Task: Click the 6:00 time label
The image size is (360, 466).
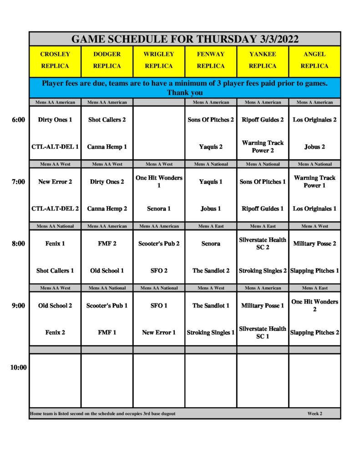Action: coord(18,120)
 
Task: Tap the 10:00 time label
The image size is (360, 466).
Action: coord(18,368)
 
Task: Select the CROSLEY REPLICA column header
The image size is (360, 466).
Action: coord(55,60)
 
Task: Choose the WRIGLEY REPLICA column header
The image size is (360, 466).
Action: coord(159,60)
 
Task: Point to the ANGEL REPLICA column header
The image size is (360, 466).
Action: coord(314,60)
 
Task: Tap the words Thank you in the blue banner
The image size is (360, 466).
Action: coord(184,93)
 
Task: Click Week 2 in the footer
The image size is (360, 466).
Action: coord(314,414)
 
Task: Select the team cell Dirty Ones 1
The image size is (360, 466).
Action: coord(55,120)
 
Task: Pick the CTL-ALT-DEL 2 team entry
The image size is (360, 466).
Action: coord(55,209)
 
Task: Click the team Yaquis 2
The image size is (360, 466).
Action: coord(211,147)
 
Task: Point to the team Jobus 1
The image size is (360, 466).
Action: coord(211,209)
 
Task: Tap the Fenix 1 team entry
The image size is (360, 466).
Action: coord(55,244)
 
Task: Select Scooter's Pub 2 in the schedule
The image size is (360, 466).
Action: coord(159,244)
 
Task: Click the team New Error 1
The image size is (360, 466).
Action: coord(159,333)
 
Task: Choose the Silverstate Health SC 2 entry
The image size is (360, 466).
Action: coord(263,243)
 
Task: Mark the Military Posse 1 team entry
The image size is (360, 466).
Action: coord(263,306)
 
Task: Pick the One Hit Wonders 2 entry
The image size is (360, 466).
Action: coord(314,305)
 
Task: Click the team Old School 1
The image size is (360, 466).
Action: coord(107,271)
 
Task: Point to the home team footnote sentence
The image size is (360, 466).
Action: coord(103,414)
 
